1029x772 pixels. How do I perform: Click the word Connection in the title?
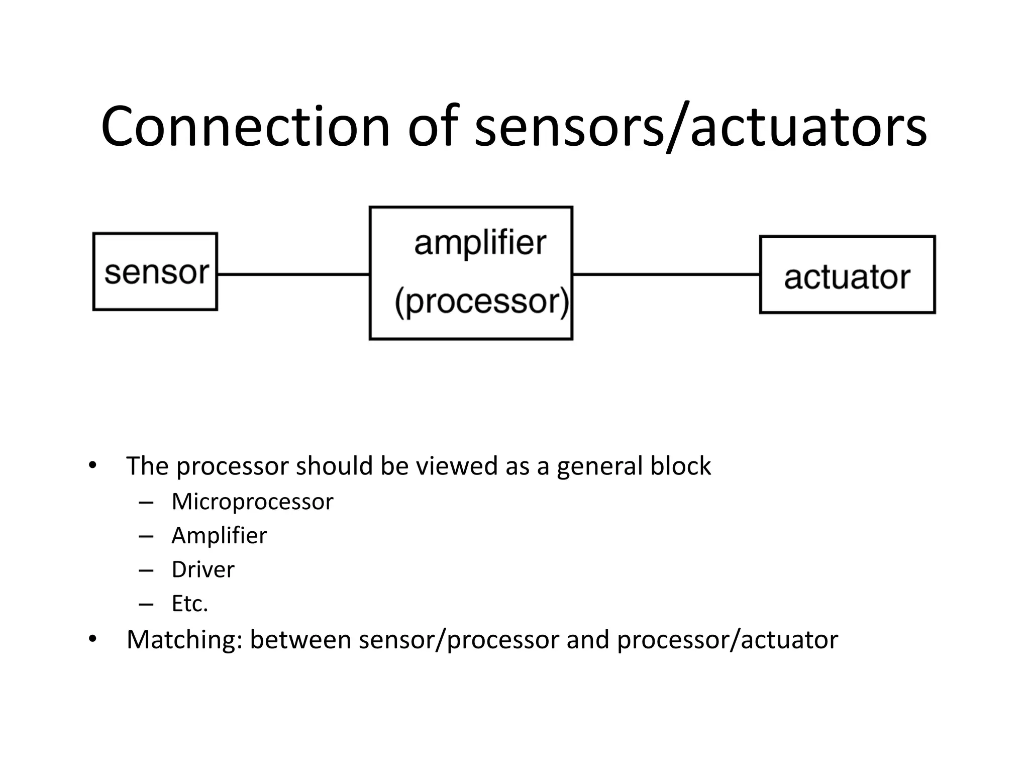click(245, 127)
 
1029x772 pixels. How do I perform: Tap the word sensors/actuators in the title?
click(700, 127)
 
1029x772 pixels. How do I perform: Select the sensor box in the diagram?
click(155, 271)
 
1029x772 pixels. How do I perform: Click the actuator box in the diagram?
click(847, 275)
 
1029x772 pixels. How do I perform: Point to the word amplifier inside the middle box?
click(480, 243)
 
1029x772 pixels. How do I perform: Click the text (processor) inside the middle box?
click(481, 302)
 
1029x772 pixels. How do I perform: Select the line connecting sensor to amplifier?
click(293, 274)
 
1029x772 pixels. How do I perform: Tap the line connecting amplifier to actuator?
click(666, 274)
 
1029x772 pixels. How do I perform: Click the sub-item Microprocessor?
click(252, 502)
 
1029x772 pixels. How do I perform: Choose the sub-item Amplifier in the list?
click(219, 535)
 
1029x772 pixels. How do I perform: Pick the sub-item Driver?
click(203, 569)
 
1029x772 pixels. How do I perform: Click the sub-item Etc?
click(189, 603)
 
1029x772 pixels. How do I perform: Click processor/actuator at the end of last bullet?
click(727, 640)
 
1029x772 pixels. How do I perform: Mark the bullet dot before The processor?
click(92, 465)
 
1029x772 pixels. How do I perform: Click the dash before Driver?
click(146, 570)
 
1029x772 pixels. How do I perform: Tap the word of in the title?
click(433, 127)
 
